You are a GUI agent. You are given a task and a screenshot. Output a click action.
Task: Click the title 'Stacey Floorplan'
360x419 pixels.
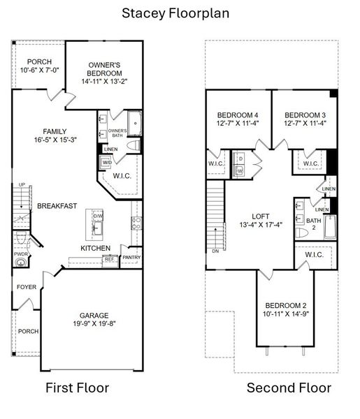tap(175, 13)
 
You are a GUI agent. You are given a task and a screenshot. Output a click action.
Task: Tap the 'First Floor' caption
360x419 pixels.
tap(77, 388)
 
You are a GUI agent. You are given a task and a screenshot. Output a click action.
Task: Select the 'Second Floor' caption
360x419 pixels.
tap(289, 388)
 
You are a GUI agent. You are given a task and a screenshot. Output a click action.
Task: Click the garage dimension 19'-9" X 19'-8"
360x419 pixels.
tap(93, 324)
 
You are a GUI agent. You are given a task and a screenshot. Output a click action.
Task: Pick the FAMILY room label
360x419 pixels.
tap(55, 131)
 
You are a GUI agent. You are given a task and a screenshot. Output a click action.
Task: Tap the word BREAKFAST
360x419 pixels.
tap(57, 206)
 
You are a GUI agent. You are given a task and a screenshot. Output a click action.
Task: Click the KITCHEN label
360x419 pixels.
tap(95, 248)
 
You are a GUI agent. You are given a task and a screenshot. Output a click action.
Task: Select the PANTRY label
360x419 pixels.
tap(131, 257)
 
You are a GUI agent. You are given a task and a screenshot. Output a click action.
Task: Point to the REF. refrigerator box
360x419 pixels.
tap(109, 259)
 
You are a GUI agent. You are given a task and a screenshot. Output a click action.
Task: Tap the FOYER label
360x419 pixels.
tap(26, 286)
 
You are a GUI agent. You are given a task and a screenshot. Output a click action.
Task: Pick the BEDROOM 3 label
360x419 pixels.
tap(304, 115)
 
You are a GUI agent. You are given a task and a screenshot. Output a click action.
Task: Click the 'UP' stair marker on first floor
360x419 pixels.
tap(22, 185)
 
